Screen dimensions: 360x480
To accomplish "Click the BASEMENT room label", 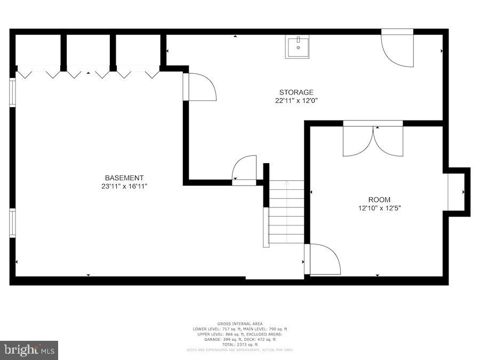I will (x=124, y=178).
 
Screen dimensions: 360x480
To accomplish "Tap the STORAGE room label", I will (x=297, y=92).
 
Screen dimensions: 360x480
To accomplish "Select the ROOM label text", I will (x=379, y=200).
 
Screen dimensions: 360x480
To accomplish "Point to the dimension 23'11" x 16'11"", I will (x=124, y=186).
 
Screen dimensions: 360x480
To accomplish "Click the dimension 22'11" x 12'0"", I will (x=297, y=100).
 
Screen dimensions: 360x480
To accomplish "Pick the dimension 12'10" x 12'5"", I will (x=379, y=209).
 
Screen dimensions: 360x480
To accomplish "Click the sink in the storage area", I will (x=297, y=47).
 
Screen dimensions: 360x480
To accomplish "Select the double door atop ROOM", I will (x=373, y=140).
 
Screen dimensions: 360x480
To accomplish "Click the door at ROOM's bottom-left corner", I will (x=323, y=260).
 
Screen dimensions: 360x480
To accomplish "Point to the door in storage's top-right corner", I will (x=398, y=49).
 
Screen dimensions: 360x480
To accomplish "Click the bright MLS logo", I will (x=29, y=350).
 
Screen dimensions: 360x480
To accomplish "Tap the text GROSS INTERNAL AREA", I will (x=239, y=324).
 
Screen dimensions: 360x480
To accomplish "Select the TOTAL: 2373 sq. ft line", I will (x=239, y=345).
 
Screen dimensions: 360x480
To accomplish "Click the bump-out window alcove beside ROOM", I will (x=457, y=192).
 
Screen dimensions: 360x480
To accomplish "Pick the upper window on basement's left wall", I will (x=12, y=93).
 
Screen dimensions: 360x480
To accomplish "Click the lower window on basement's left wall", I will (x=12, y=222).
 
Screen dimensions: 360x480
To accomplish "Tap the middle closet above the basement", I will (x=87, y=52).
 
